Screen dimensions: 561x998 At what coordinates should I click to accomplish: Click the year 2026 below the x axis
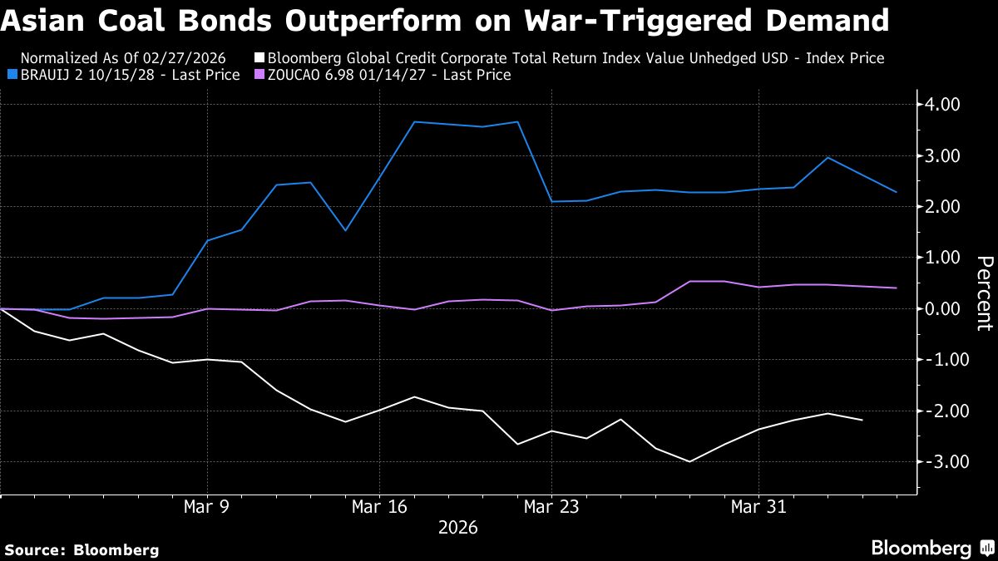(x=457, y=527)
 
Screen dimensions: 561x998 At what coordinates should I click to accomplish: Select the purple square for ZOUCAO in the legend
(x=259, y=75)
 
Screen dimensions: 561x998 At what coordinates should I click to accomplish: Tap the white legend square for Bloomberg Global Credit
(x=259, y=58)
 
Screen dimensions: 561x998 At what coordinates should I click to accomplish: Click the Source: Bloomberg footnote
(x=81, y=549)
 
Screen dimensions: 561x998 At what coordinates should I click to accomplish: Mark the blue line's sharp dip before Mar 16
(x=345, y=230)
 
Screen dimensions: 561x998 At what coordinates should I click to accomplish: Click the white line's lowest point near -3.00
(x=689, y=461)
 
